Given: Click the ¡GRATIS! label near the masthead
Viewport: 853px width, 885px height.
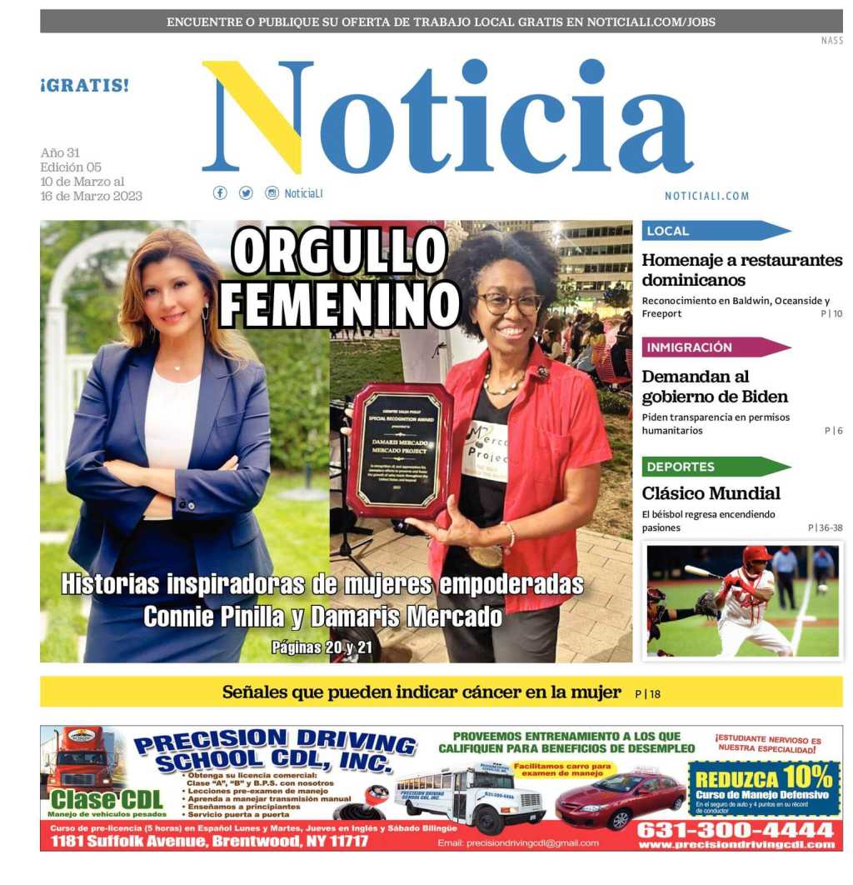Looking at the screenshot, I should pyautogui.click(x=84, y=85).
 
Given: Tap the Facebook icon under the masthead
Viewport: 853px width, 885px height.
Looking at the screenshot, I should pyautogui.click(x=220, y=192).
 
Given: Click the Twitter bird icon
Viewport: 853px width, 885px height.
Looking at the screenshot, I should pyautogui.click(x=246, y=192).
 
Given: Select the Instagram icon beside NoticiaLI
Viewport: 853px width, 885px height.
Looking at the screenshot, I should pyautogui.click(x=272, y=192).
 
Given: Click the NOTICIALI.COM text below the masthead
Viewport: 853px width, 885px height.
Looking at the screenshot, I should pyautogui.click(x=706, y=196).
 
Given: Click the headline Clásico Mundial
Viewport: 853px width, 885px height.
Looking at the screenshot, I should pyautogui.click(x=711, y=493).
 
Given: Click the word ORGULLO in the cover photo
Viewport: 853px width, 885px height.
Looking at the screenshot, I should pyautogui.click(x=339, y=251).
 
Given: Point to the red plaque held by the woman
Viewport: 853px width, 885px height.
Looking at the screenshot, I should pyautogui.click(x=398, y=451).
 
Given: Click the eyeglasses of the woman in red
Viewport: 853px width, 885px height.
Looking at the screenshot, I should pyautogui.click(x=509, y=304).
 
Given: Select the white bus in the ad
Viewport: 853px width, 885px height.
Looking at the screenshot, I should pyautogui.click(x=471, y=798).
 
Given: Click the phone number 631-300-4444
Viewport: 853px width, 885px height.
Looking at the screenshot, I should pyautogui.click(x=735, y=830).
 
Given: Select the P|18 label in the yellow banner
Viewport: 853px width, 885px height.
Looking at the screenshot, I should pyautogui.click(x=647, y=693).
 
